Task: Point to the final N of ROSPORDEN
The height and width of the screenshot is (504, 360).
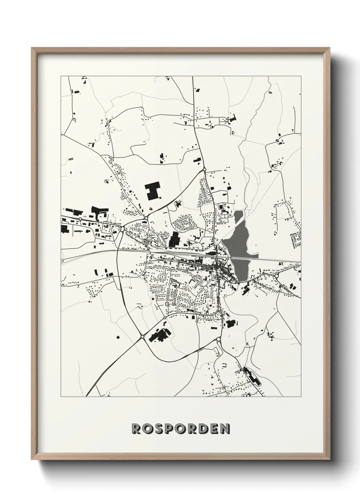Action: [225, 429]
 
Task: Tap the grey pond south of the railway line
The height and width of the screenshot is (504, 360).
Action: [241, 269]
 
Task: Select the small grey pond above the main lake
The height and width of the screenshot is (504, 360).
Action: [239, 216]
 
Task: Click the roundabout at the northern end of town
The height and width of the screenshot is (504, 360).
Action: [204, 169]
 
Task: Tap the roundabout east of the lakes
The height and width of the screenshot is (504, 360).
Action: [276, 275]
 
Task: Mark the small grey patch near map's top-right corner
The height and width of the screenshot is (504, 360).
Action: [270, 92]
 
